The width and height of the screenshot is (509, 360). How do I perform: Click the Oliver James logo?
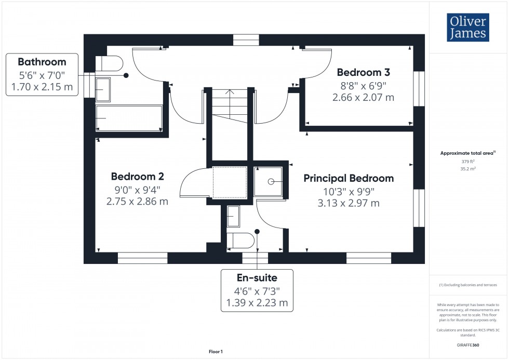pos(468,28)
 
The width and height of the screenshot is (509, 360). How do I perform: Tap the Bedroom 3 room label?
pos(363,72)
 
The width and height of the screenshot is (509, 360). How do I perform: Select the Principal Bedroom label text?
pos(349,178)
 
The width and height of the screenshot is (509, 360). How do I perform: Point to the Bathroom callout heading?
pos(42,62)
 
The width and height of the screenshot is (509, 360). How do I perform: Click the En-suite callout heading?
pos(257,278)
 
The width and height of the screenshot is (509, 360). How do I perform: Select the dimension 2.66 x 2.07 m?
pos(363,97)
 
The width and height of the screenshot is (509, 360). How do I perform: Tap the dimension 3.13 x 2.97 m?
pos(349,203)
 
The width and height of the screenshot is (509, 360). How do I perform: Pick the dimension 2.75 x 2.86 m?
pos(137,202)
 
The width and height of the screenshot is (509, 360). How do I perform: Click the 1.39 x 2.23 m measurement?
pos(257,303)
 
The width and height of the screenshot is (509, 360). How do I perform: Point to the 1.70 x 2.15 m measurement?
pos(42,87)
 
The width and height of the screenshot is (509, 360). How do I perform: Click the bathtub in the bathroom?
pos(129,118)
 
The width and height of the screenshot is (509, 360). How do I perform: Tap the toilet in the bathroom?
pos(110,64)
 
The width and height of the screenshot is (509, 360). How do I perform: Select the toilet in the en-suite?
pos(241,241)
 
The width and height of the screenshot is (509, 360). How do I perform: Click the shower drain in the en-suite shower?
pos(271,181)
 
